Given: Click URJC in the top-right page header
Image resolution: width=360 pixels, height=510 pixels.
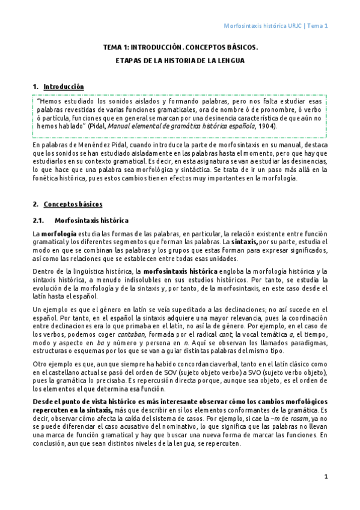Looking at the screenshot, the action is [294, 26].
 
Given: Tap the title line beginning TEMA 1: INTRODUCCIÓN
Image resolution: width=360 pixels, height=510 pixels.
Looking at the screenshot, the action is [180, 46].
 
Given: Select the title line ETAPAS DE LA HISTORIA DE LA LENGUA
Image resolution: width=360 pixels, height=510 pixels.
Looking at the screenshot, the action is [180, 61].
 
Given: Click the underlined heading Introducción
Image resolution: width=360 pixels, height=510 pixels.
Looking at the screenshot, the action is [64, 87].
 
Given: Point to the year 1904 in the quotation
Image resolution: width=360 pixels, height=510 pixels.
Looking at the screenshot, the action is [267, 127].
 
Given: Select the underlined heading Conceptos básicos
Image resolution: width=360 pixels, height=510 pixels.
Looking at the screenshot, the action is [73, 204].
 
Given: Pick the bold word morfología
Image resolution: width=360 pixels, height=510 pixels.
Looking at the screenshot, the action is [58, 233].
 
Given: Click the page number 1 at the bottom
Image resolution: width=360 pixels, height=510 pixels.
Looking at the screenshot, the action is [326, 476].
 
